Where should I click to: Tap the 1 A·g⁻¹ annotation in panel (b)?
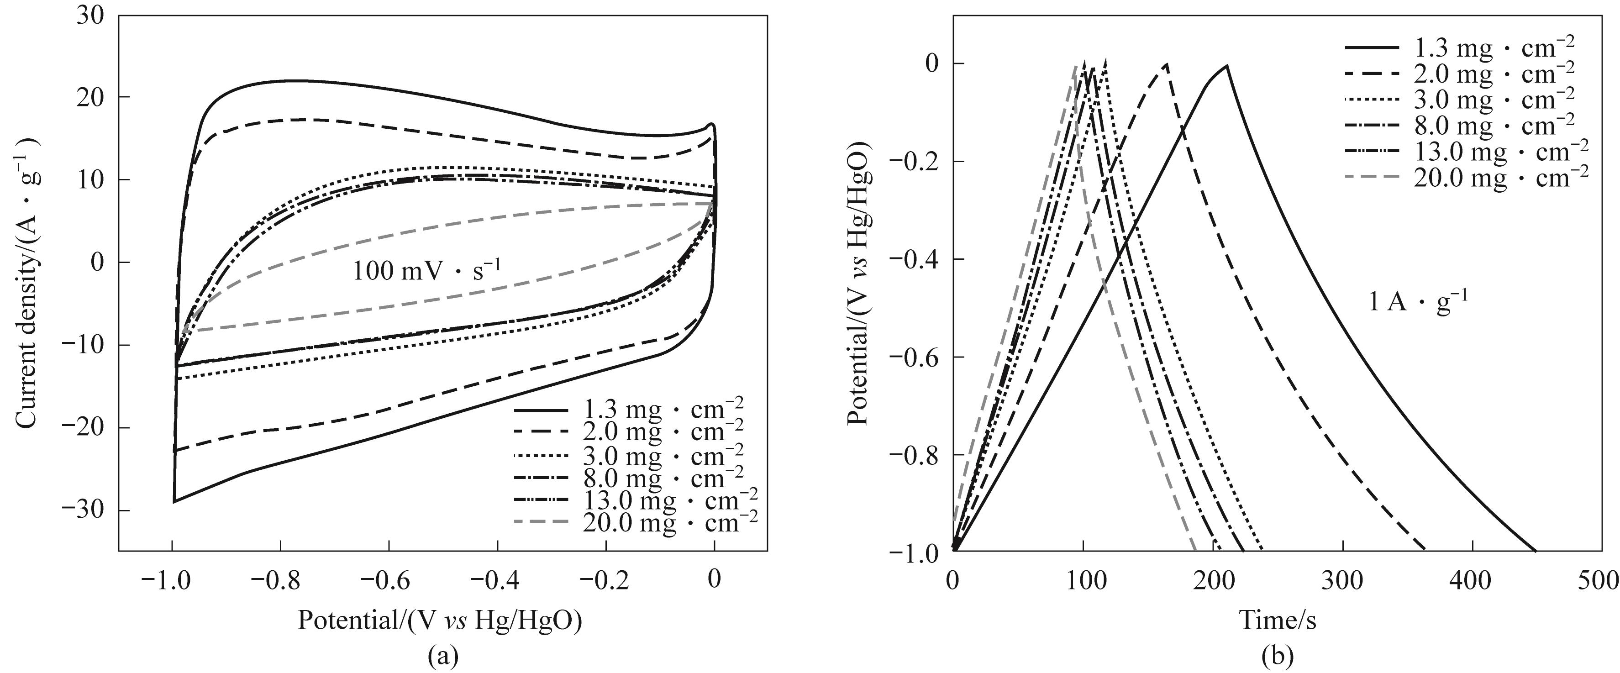click(x=1419, y=303)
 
